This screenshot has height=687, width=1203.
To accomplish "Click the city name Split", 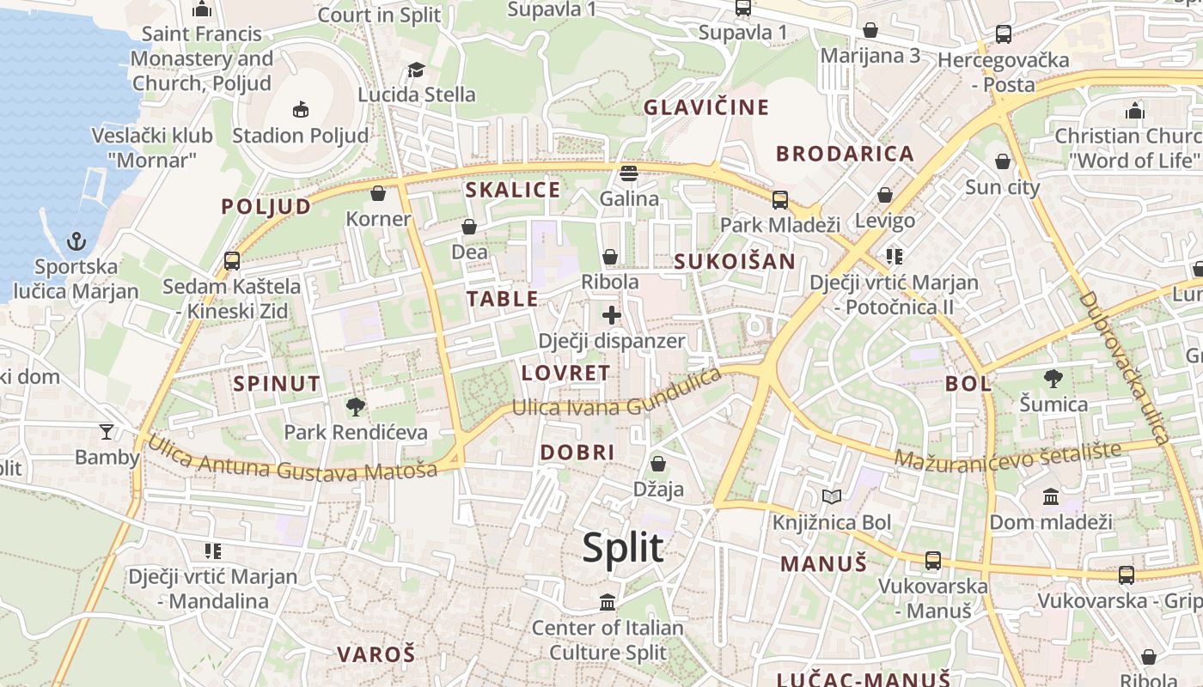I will coord(623,548).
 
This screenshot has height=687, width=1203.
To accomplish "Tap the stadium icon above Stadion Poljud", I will coord(300,109).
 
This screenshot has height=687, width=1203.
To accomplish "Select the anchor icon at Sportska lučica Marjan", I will coord(77,240).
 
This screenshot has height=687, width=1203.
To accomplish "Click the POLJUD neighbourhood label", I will coord(266,206).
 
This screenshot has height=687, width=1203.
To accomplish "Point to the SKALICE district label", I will coord(512,190).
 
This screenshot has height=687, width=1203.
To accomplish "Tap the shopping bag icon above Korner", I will coord(377,193).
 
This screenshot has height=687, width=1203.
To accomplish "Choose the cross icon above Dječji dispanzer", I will coord(611,315).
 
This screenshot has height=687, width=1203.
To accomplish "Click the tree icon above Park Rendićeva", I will coord(355,406).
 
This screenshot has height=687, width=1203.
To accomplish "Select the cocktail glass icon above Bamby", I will coord(107,431).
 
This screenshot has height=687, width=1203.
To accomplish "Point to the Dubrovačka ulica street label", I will coord(1125,368).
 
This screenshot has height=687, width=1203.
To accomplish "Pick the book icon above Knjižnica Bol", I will coord(831,496).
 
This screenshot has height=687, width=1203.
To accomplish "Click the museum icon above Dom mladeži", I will coord(1050,496).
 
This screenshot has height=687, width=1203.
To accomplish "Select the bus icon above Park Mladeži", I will coord(779,199).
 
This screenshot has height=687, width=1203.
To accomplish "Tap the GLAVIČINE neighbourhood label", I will coord(706,107).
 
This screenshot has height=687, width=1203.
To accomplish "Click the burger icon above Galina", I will coord(629,173).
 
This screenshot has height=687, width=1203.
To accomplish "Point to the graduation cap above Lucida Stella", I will coord(416,70).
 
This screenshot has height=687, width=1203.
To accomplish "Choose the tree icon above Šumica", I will coord(1053,378).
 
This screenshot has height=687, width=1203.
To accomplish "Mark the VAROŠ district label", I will coord(376,654).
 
